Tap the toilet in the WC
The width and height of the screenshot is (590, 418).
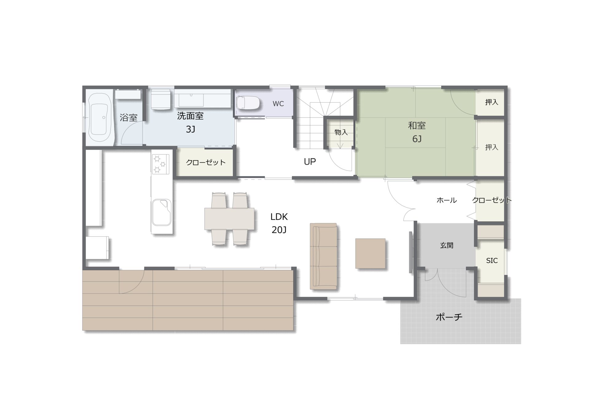point(248,103)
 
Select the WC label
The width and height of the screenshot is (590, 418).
point(278,104)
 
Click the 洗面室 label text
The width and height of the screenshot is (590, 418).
point(190,116)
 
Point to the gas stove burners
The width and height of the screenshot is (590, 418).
point(160,164)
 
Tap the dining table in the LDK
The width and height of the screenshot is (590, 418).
point(229,219)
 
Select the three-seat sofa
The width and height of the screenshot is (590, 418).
point(323,256)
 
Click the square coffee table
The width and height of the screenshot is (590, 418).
point(370,253)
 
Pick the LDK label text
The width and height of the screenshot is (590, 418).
point(279,217)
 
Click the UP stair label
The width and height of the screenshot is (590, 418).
point(310,162)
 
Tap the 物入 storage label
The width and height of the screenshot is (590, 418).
point(341,132)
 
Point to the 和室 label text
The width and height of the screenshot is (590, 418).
point(417,126)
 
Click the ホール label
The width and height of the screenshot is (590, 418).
point(446,200)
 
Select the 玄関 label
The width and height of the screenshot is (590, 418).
point(446,245)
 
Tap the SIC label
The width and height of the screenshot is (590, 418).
point(492,261)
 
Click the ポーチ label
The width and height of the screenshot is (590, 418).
point(449,317)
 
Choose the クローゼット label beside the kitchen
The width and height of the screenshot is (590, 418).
point(206,162)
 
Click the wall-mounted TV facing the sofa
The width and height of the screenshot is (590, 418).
point(411,252)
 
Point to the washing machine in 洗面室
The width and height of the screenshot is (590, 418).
point(160,99)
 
